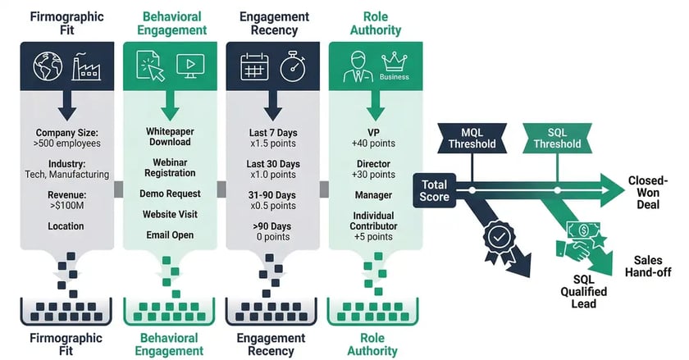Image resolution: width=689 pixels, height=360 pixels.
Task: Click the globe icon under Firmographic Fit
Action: point(48,68)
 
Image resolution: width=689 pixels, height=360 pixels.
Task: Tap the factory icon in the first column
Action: point(88,67)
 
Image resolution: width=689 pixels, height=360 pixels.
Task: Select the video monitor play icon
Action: point(190,68)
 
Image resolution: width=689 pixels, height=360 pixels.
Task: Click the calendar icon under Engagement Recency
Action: point(254,68)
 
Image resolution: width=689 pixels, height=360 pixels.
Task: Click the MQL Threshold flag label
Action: point(472,138)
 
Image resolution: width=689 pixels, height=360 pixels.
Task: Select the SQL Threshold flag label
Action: point(557,138)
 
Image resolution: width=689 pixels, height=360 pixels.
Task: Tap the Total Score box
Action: point(435,189)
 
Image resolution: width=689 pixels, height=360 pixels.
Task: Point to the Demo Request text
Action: point(170,193)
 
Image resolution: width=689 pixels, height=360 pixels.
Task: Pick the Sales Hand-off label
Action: point(653,267)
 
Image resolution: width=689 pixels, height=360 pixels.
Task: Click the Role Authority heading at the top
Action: point(376,23)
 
